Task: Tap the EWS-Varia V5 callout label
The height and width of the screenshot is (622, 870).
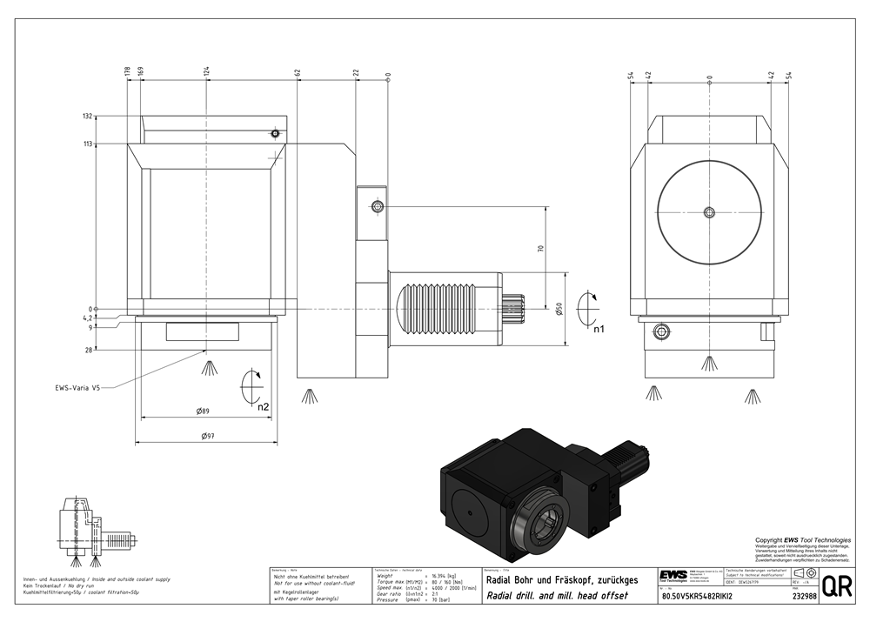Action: click(x=78, y=389)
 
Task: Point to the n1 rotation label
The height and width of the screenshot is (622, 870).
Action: click(x=599, y=330)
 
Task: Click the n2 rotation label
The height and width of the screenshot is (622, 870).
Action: click(x=263, y=406)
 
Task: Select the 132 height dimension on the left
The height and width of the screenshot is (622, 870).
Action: click(x=87, y=116)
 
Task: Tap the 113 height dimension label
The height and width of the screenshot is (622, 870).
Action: click(x=87, y=144)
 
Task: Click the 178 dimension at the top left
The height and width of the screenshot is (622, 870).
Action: click(x=128, y=71)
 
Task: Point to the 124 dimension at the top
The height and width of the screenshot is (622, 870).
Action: click(x=206, y=71)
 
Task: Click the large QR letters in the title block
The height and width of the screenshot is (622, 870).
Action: click(x=837, y=586)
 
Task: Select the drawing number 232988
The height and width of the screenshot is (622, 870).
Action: click(x=804, y=597)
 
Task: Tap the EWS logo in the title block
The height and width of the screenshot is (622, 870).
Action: click(x=673, y=576)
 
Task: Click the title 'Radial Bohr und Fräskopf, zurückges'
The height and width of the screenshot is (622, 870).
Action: click(x=562, y=579)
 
